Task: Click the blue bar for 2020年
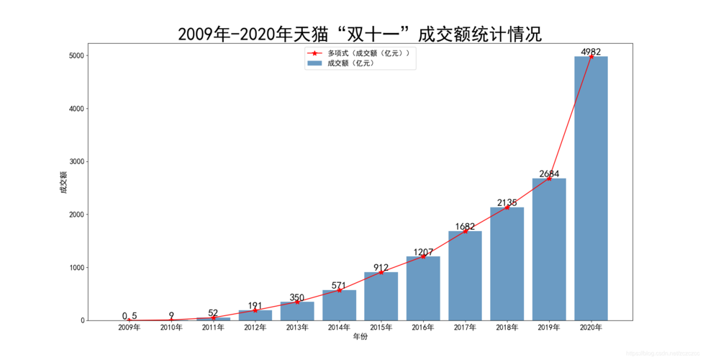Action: (x=591, y=189)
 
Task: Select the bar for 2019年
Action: (x=549, y=249)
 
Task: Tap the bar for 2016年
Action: (x=423, y=288)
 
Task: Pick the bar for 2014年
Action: (x=339, y=305)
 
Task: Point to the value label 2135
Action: (x=507, y=202)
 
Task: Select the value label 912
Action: (x=381, y=268)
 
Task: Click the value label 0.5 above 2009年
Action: (x=130, y=315)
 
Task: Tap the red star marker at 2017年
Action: (x=466, y=231)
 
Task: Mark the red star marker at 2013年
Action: (x=297, y=302)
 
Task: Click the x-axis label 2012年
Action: (x=255, y=328)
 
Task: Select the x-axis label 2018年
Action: (x=507, y=328)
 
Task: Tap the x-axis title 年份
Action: (x=360, y=337)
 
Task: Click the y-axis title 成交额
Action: (x=63, y=183)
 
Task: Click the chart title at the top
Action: (x=360, y=34)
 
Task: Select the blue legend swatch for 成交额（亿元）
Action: (x=314, y=63)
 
